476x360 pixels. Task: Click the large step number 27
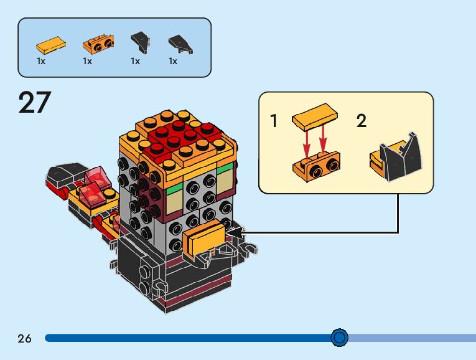(x=34, y=102)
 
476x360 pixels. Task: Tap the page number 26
(x=24, y=338)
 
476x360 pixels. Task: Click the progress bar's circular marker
(x=339, y=338)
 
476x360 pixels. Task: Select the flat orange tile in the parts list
(x=50, y=44)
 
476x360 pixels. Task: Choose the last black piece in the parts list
(x=180, y=44)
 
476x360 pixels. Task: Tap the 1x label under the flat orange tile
(x=41, y=62)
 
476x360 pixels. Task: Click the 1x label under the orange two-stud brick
(x=87, y=62)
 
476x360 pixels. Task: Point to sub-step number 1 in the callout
(x=274, y=120)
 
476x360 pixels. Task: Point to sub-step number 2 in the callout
(x=362, y=120)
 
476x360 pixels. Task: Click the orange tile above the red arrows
(x=315, y=118)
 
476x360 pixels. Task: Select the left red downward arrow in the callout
(x=306, y=144)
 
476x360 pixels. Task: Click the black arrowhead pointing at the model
(x=233, y=233)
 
